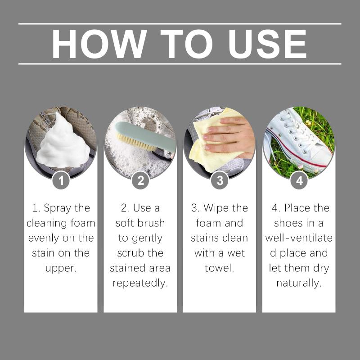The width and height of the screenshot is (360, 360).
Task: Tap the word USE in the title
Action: [267, 44]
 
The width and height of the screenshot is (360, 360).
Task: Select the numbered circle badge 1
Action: [61, 180]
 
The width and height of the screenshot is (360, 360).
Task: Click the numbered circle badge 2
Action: [140, 180]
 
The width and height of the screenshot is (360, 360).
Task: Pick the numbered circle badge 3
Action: [220, 180]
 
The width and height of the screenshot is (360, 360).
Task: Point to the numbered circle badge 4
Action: [299, 180]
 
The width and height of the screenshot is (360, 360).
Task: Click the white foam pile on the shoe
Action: [63, 142]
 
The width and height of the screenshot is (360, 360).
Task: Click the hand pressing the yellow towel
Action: [229, 137]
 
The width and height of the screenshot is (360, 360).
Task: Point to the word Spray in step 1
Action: [58, 208]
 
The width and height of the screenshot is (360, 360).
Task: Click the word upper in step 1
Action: [61, 268]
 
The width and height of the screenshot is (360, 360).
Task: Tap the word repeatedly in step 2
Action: [140, 283]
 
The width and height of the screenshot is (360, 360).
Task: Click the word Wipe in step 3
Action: [216, 208]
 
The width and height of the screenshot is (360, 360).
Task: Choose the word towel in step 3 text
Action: [219, 268]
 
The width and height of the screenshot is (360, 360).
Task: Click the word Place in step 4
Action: [297, 208]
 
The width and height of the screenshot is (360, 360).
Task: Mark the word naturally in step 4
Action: [299, 283]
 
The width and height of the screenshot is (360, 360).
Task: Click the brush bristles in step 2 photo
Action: [135, 142]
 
